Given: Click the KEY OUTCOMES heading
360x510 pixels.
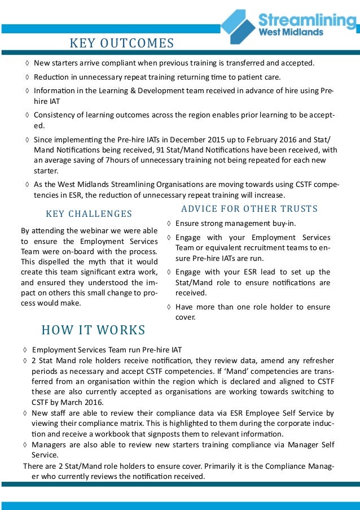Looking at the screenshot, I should point(121,43).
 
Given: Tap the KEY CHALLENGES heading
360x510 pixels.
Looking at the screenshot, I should point(89,213).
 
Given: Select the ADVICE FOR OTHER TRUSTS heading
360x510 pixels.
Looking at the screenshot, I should point(249,209).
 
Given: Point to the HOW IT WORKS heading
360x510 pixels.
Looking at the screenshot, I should point(93,330).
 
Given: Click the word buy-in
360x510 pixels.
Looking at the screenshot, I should point(284,223).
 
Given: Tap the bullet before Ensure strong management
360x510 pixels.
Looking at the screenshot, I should point(170,224).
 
